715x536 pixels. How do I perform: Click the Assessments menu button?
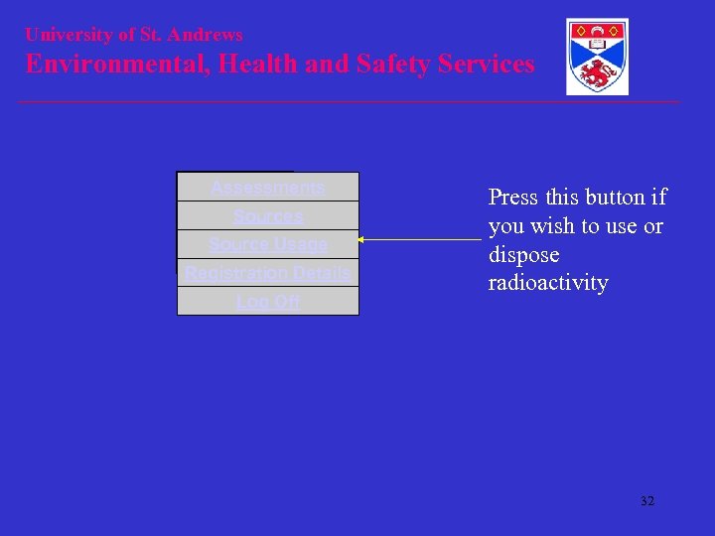point(267,187)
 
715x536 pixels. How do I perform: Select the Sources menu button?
point(267,215)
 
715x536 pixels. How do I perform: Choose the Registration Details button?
point(267,273)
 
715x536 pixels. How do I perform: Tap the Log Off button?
point(267,302)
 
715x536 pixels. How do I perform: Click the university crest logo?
point(597,57)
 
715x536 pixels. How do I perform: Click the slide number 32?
point(647,501)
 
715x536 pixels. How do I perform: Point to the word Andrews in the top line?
point(205,35)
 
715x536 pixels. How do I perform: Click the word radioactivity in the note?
point(547,283)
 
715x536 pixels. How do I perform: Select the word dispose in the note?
point(523,255)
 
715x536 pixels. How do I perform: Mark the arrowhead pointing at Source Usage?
point(361,240)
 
